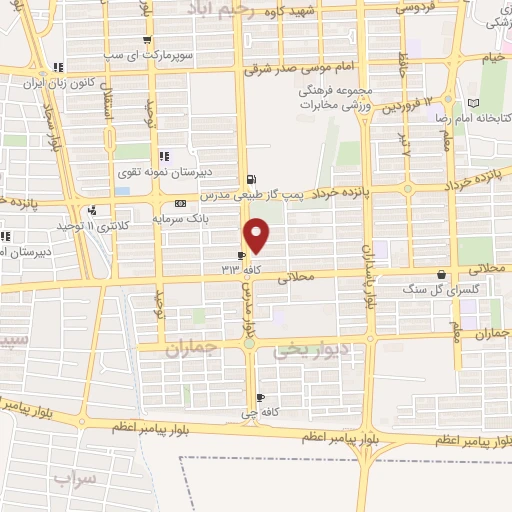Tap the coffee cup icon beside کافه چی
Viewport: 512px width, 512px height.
coord(260,396)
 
